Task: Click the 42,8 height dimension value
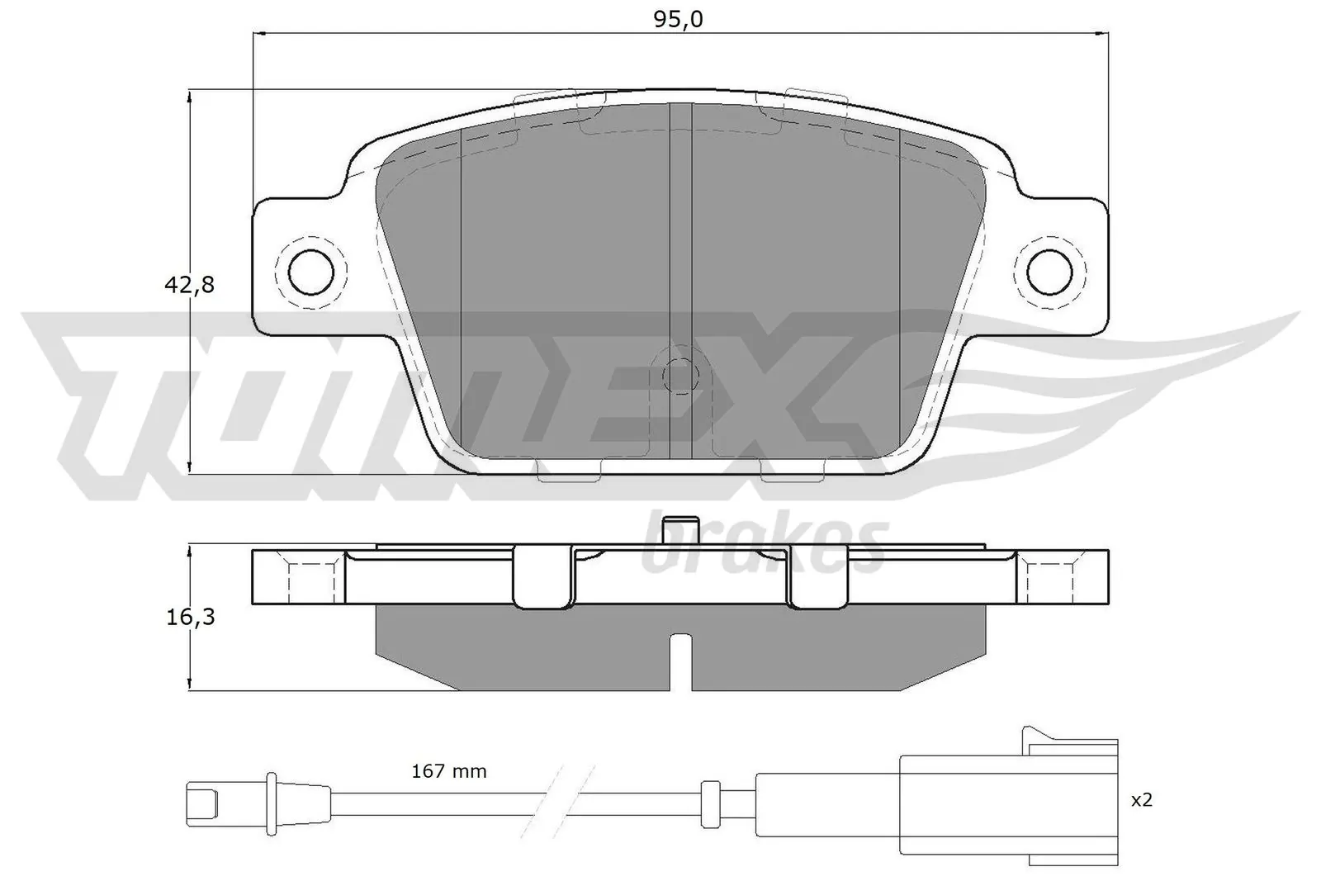[x=190, y=286]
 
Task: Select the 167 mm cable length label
[x=449, y=771]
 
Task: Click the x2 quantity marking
[x=1141, y=800]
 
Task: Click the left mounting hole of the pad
[x=310, y=270]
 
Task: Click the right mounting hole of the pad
[x=1049, y=270]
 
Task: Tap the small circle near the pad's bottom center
[x=679, y=377]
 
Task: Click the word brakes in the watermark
[x=764, y=546]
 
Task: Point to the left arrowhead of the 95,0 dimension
[x=258, y=33]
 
